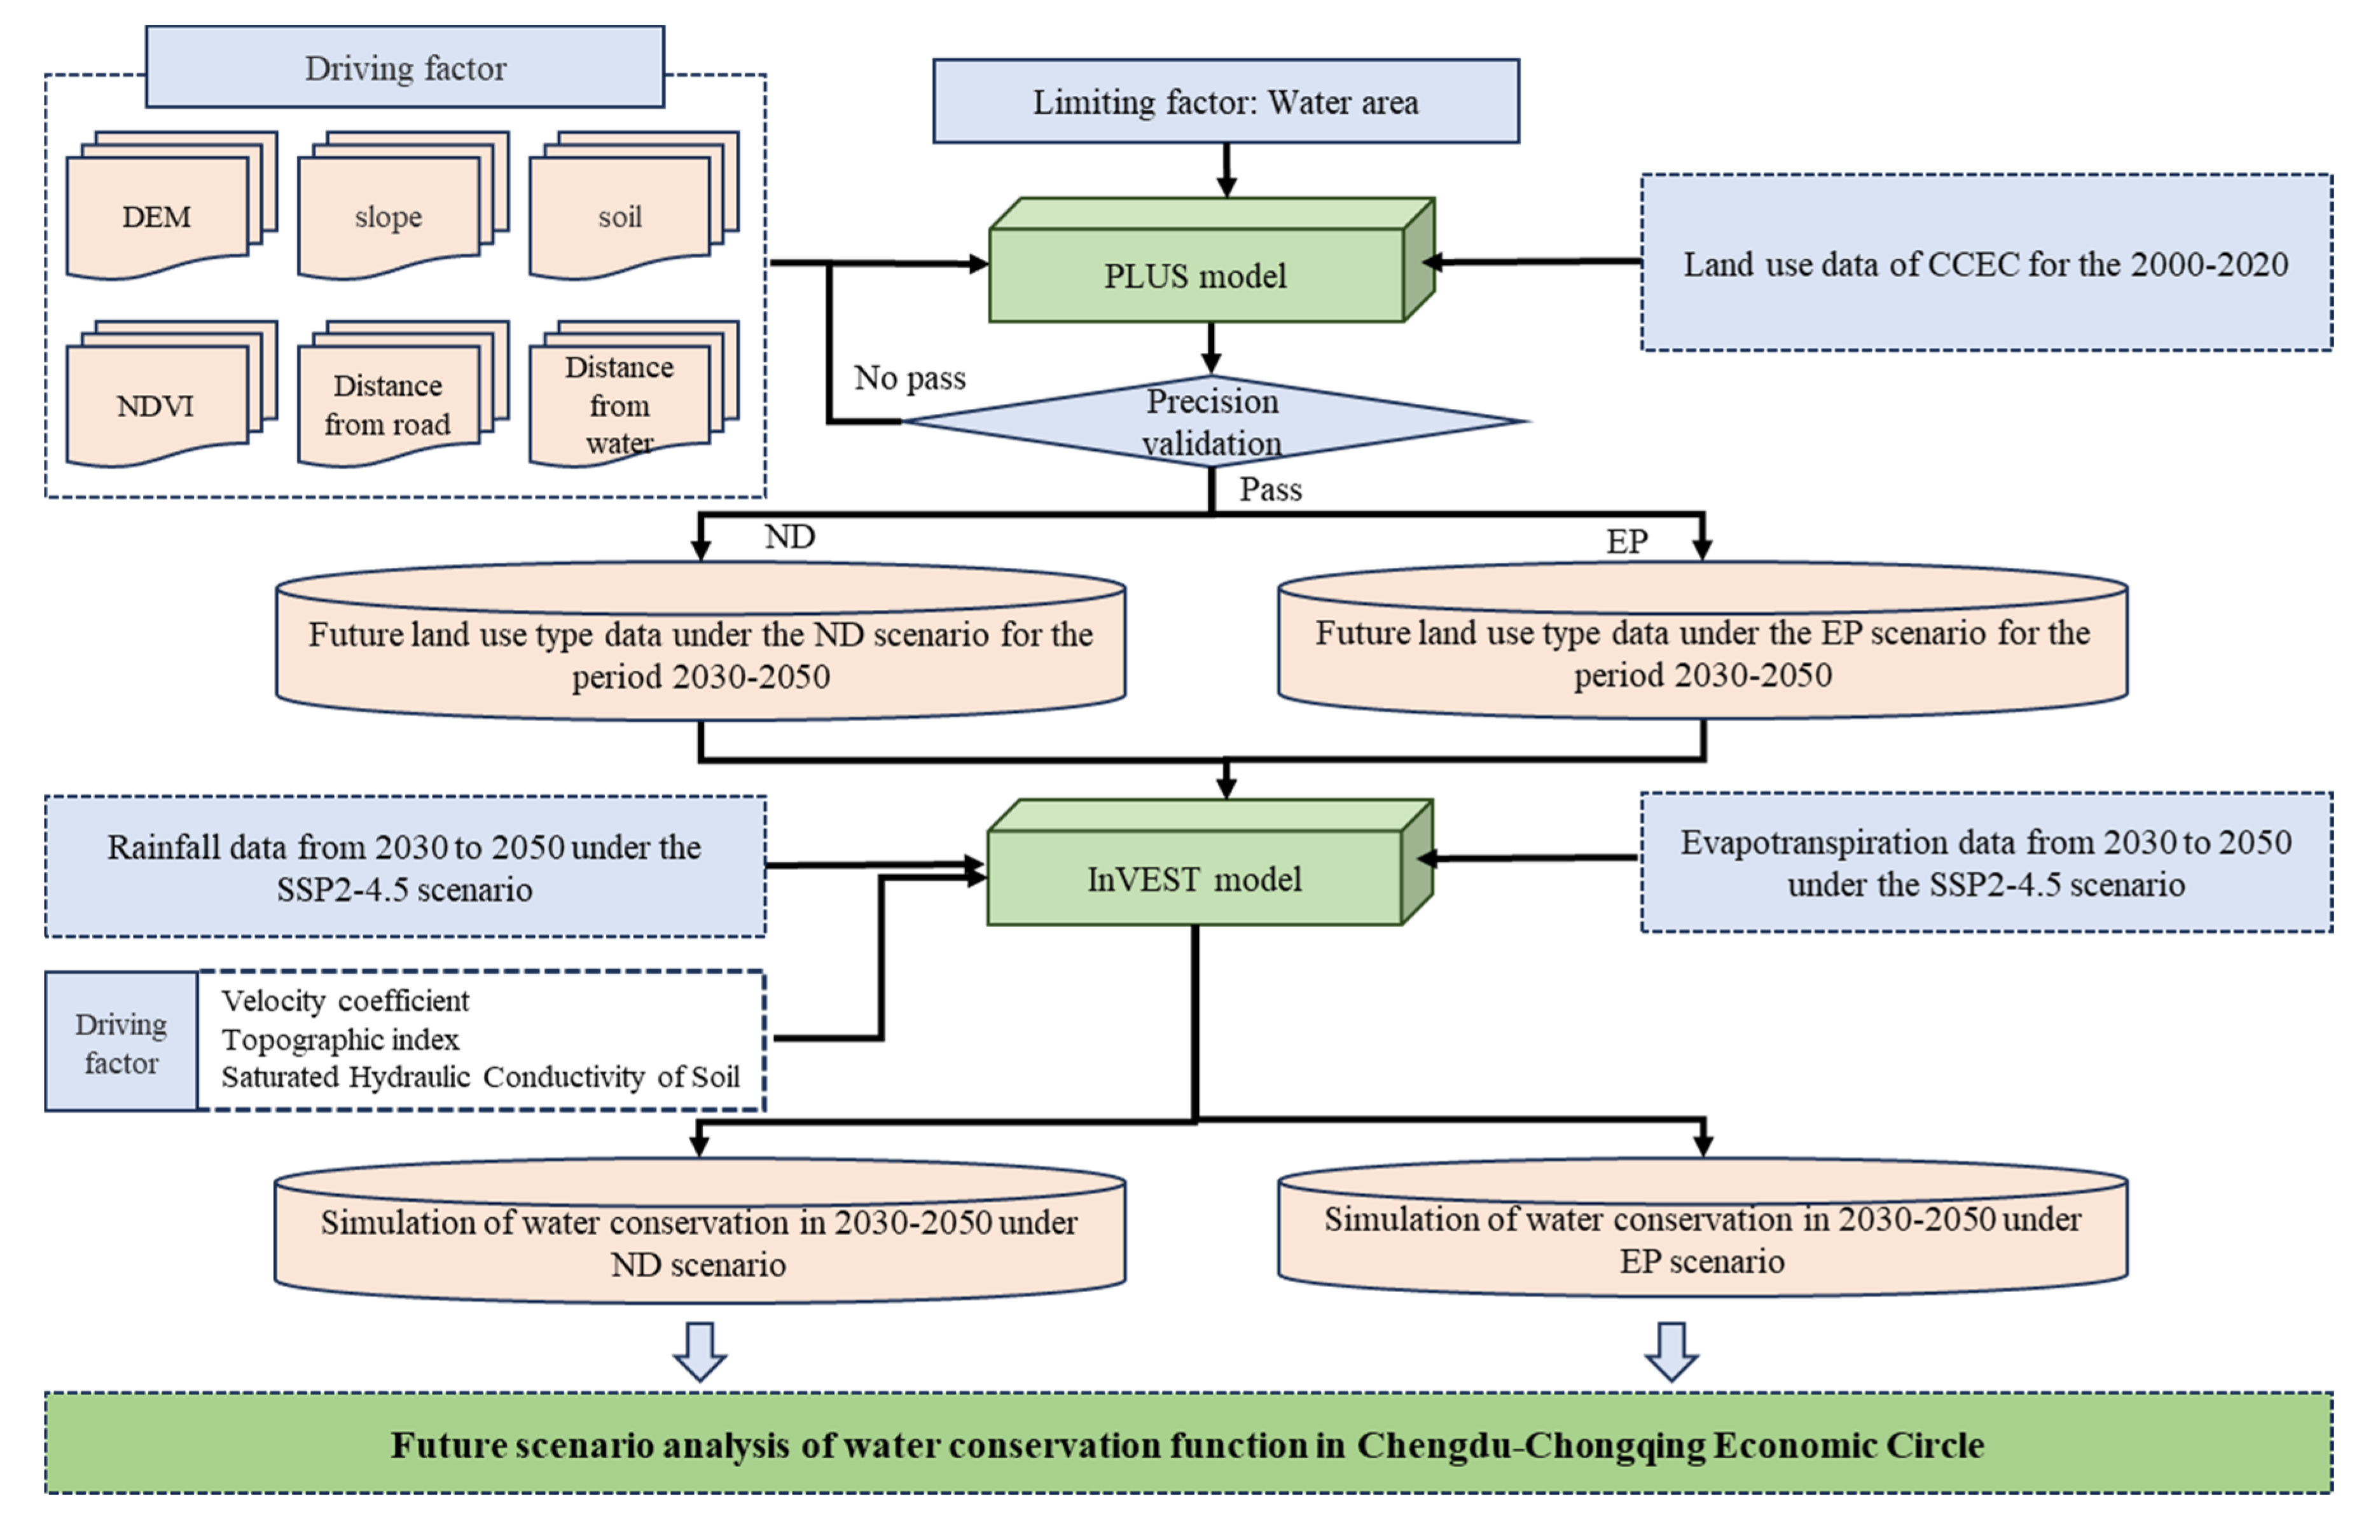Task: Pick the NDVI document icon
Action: click(156, 404)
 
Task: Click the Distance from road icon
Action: click(388, 404)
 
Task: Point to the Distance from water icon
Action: click(620, 404)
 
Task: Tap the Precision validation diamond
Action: click(1213, 422)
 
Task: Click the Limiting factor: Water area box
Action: click(1226, 101)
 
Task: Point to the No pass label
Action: click(909, 378)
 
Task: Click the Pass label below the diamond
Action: click(1270, 490)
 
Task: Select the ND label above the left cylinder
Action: click(789, 537)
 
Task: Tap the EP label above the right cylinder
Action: click(1626, 541)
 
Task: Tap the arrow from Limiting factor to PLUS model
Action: click(1226, 170)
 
